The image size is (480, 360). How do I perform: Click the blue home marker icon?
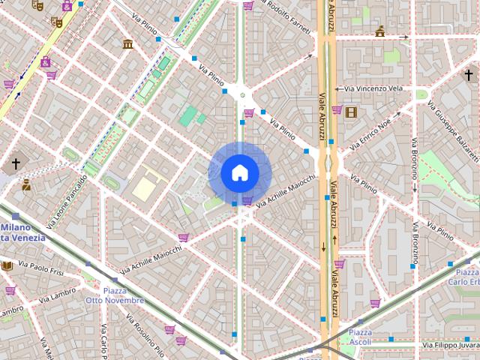point(239,173)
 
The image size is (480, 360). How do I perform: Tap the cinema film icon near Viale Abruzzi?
point(352,112)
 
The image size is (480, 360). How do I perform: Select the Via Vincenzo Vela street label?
point(373,88)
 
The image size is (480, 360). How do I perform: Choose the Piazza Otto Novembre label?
point(115,295)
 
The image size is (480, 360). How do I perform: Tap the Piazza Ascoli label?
point(359,337)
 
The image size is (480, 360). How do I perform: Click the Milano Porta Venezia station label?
point(22,232)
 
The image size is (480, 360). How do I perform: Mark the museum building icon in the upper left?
point(127,43)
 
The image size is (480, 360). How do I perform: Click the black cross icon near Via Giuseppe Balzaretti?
point(469,75)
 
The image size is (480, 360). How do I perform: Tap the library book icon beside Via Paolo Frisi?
point(7,265)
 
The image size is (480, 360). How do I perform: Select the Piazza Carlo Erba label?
point(463,277)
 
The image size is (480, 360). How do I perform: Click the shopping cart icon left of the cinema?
point(337,110)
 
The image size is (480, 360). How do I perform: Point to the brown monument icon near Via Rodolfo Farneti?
point(380,31)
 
